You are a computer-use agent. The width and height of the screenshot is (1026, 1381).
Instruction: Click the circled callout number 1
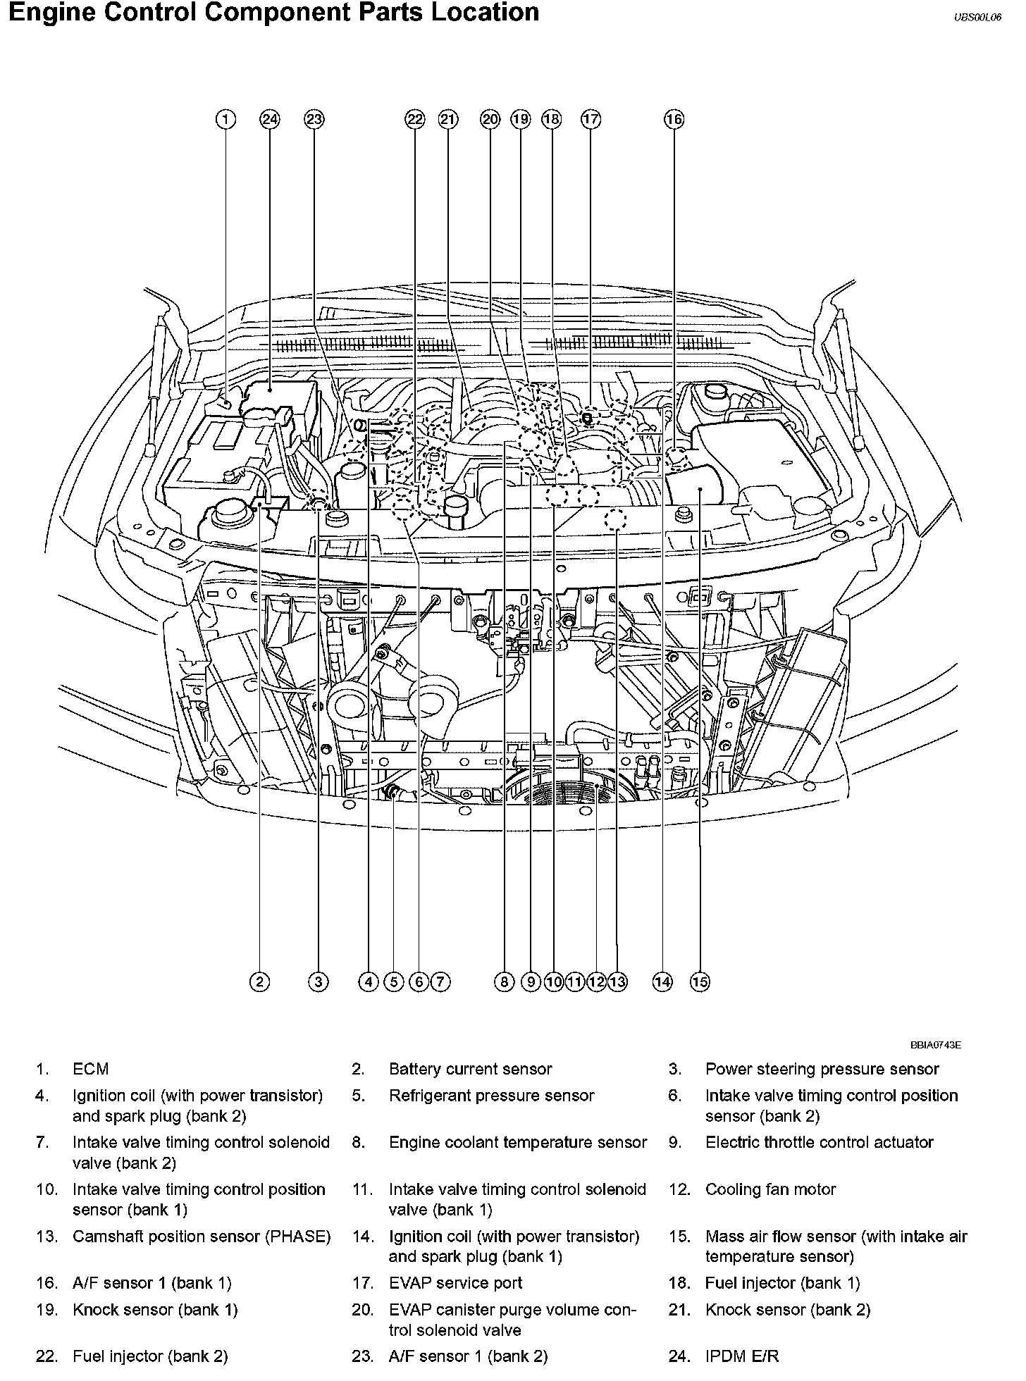coord(225,119)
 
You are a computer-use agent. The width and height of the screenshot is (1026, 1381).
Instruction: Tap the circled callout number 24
coord(270,119)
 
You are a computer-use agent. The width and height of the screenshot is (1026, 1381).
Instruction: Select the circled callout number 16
coord(674,119)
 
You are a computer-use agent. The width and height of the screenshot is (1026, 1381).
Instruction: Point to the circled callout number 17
coord(591,119)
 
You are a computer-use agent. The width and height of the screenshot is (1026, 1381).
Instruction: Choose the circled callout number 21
coord(448,119)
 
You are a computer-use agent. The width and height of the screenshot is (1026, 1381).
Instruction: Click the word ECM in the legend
coord(91,1069)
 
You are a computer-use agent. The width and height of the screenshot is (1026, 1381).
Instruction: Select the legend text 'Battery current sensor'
coord(470,1069)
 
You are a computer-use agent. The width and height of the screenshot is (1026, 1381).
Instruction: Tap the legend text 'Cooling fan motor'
coord(770,1189)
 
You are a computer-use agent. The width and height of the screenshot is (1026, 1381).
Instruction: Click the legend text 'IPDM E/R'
coord(742,1356)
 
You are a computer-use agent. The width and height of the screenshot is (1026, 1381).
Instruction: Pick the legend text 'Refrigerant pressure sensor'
coord(491,1096)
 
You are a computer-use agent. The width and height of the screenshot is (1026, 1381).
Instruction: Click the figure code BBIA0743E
coord(935,1045)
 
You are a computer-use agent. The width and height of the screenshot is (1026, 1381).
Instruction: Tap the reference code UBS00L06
coord(977,19)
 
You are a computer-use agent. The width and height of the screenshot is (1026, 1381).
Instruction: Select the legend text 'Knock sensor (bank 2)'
coord(788,1310)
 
